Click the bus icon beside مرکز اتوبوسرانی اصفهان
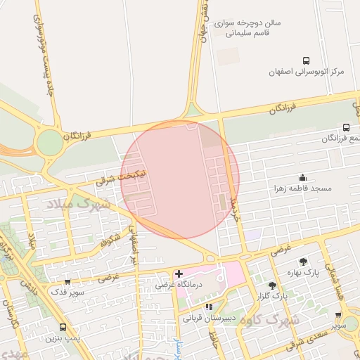306,61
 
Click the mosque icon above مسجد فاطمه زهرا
303,178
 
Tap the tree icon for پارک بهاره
303,262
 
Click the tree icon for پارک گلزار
272,285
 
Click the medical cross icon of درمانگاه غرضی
179,274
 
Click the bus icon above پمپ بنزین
63,327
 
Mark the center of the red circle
180,180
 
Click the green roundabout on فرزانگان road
50,143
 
